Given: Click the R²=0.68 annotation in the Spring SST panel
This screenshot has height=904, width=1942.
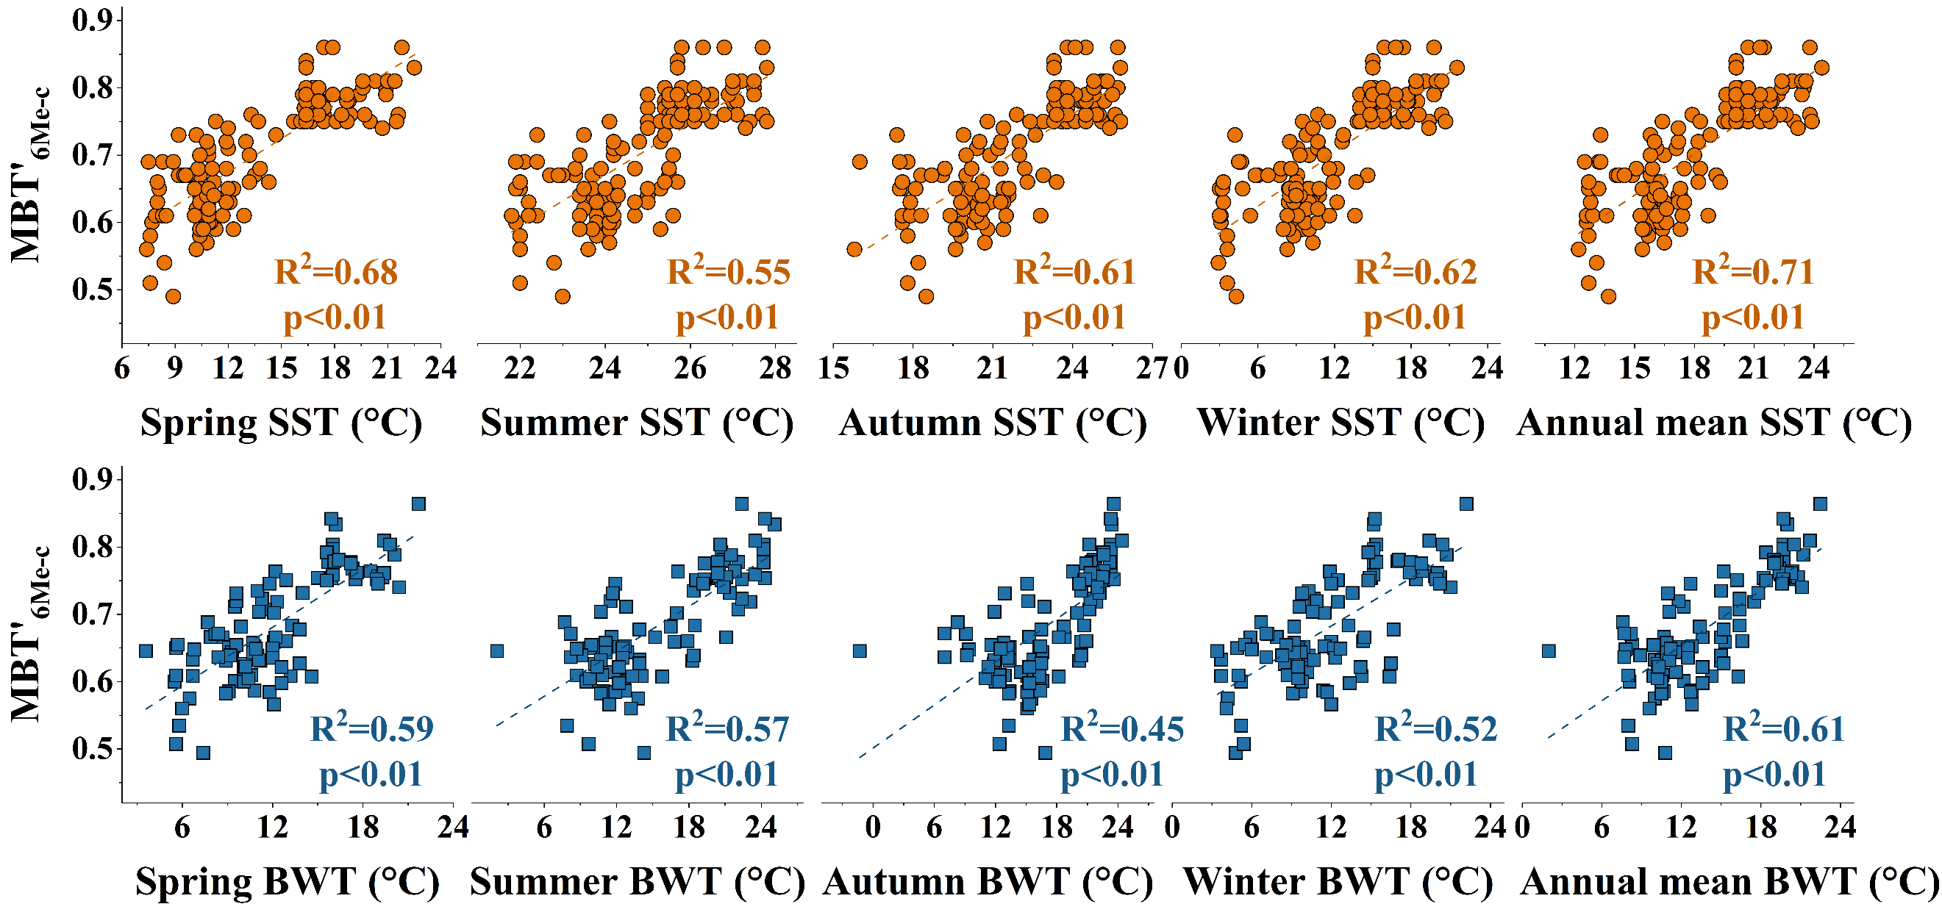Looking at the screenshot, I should tap(335, 272).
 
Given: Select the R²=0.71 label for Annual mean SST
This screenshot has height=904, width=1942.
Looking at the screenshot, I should tap(1753, 272).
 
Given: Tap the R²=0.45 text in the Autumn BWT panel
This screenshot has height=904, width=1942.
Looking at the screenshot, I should tap(1122, 728).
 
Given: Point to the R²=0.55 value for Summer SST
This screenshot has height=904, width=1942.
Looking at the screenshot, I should tap(728, 272).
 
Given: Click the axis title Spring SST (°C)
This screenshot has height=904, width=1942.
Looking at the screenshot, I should tap(281, 423).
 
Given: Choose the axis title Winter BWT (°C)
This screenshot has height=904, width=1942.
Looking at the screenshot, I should tap(1338, 881).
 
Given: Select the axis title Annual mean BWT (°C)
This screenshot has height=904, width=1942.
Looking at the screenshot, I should tap(1729, 881).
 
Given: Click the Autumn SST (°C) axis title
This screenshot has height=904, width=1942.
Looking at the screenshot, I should tap(993, 423).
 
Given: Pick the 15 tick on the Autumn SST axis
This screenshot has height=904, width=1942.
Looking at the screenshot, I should tap(833, 368).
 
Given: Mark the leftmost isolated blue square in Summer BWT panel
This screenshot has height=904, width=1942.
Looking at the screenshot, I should tap(497, 651).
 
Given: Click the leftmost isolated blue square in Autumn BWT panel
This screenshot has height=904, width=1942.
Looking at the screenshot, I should tap(860, 651).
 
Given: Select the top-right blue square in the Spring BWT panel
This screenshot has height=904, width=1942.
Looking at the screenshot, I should tap(419, 504).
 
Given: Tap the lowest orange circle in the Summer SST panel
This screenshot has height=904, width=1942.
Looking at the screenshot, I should tap(563, 296).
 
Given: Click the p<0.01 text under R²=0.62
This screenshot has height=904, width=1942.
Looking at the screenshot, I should tap(1415, 318).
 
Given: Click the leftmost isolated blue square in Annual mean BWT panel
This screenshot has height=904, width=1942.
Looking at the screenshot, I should tap(1549, 651).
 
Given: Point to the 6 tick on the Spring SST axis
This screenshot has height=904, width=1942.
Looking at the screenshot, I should tap(122, 368).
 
